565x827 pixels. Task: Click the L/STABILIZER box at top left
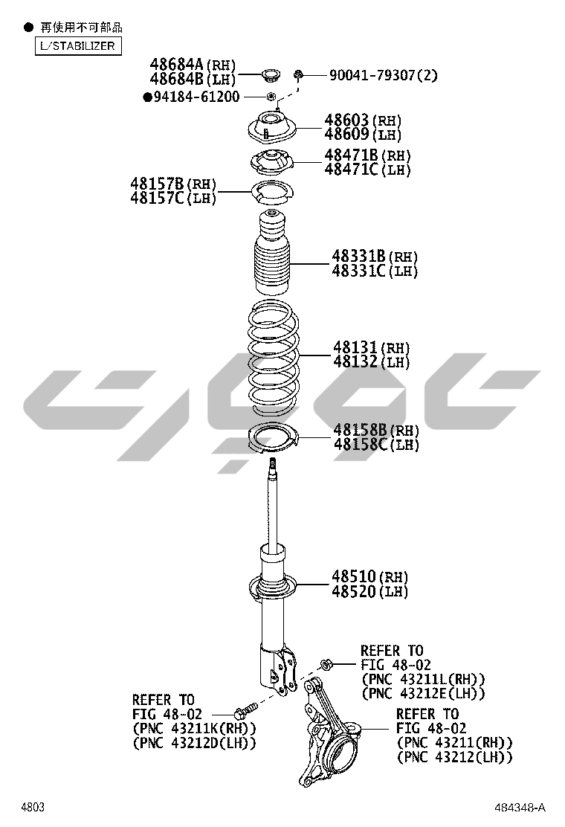pos(78,46)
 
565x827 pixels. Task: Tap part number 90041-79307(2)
pos(383,75)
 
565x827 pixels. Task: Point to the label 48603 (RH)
pos(363,120)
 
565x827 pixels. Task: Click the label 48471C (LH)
pos(367,170)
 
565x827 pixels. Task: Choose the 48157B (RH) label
pos(173,184)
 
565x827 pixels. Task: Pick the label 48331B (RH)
pos(374,257)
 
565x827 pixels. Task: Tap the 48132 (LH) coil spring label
pos(371,361)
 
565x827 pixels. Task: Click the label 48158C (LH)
pos(376,445)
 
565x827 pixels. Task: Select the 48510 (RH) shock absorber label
pos(370,576)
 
